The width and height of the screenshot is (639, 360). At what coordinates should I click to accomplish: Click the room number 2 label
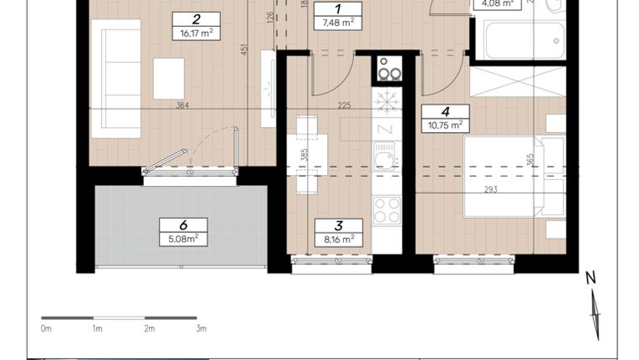(195, 19)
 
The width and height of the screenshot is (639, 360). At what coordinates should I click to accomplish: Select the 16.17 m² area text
(195, 34)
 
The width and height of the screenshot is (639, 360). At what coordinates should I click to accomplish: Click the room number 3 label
(338, 225)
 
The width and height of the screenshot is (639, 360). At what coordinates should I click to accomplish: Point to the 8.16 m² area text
(338, 239)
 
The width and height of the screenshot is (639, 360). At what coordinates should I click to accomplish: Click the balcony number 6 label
(182, 225)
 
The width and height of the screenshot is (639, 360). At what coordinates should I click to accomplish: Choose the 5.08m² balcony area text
(182, 239)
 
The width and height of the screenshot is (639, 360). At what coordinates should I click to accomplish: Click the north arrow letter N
(590, 278)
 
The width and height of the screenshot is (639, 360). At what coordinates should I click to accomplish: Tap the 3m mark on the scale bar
(201, 329)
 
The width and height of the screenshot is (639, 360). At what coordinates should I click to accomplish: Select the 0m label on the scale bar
(46, 329)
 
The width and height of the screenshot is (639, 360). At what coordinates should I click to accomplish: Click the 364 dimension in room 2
(182, 105)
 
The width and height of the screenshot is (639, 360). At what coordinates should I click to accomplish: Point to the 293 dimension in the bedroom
(490, 189)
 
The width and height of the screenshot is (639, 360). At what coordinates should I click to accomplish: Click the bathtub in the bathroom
(520, 38)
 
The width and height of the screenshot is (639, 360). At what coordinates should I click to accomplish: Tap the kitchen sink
(385, 157)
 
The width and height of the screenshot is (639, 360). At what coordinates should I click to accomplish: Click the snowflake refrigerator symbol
(386, 103)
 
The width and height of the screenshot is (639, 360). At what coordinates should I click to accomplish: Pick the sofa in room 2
(115, 78)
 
